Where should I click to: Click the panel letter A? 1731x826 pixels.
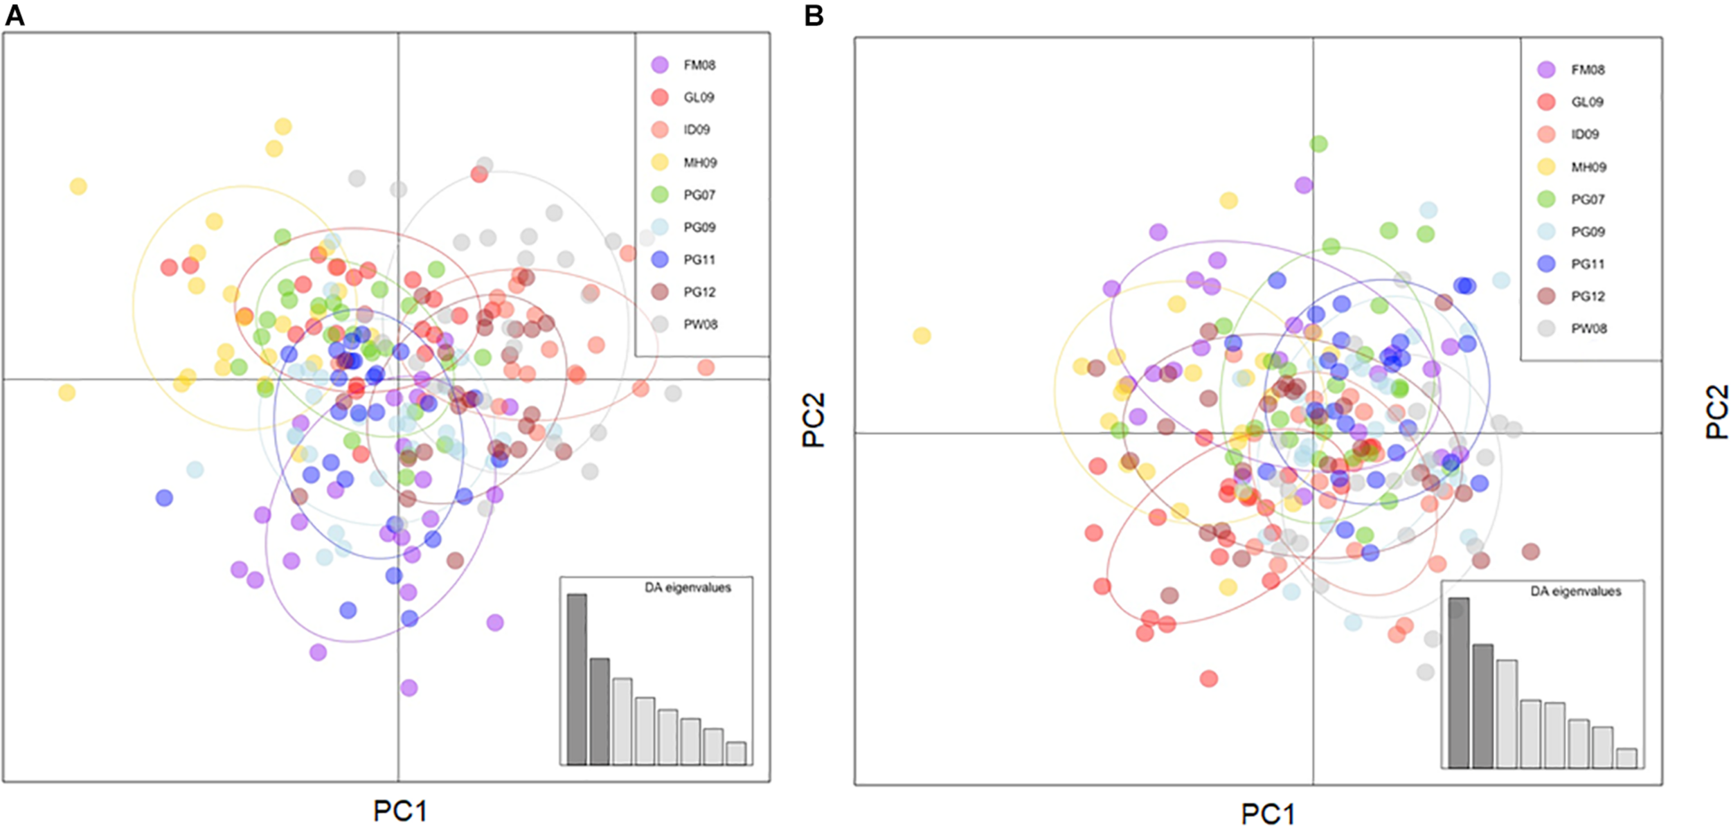15,15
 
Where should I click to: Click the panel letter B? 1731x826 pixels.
814,15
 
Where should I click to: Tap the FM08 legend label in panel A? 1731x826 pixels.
699,65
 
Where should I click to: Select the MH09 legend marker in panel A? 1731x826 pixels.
660,162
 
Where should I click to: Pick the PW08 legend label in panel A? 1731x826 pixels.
700,324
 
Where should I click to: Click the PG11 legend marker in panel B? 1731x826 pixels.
1545,264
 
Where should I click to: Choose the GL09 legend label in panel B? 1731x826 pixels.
1587,102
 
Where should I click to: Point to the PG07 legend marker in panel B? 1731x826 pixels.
1545,199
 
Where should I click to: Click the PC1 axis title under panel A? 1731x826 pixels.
400,810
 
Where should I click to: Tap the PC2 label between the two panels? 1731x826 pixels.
814,420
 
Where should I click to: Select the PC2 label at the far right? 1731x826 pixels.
1717,412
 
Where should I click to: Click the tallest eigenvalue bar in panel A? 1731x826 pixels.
577,679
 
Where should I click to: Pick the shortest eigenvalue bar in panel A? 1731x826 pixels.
736,753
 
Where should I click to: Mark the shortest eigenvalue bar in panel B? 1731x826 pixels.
1626,758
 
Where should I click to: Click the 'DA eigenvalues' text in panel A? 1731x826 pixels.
688,587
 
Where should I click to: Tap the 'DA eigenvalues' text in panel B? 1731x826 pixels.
1575,591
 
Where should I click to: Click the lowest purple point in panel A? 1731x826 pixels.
409,688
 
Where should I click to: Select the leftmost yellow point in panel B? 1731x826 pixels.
922,336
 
